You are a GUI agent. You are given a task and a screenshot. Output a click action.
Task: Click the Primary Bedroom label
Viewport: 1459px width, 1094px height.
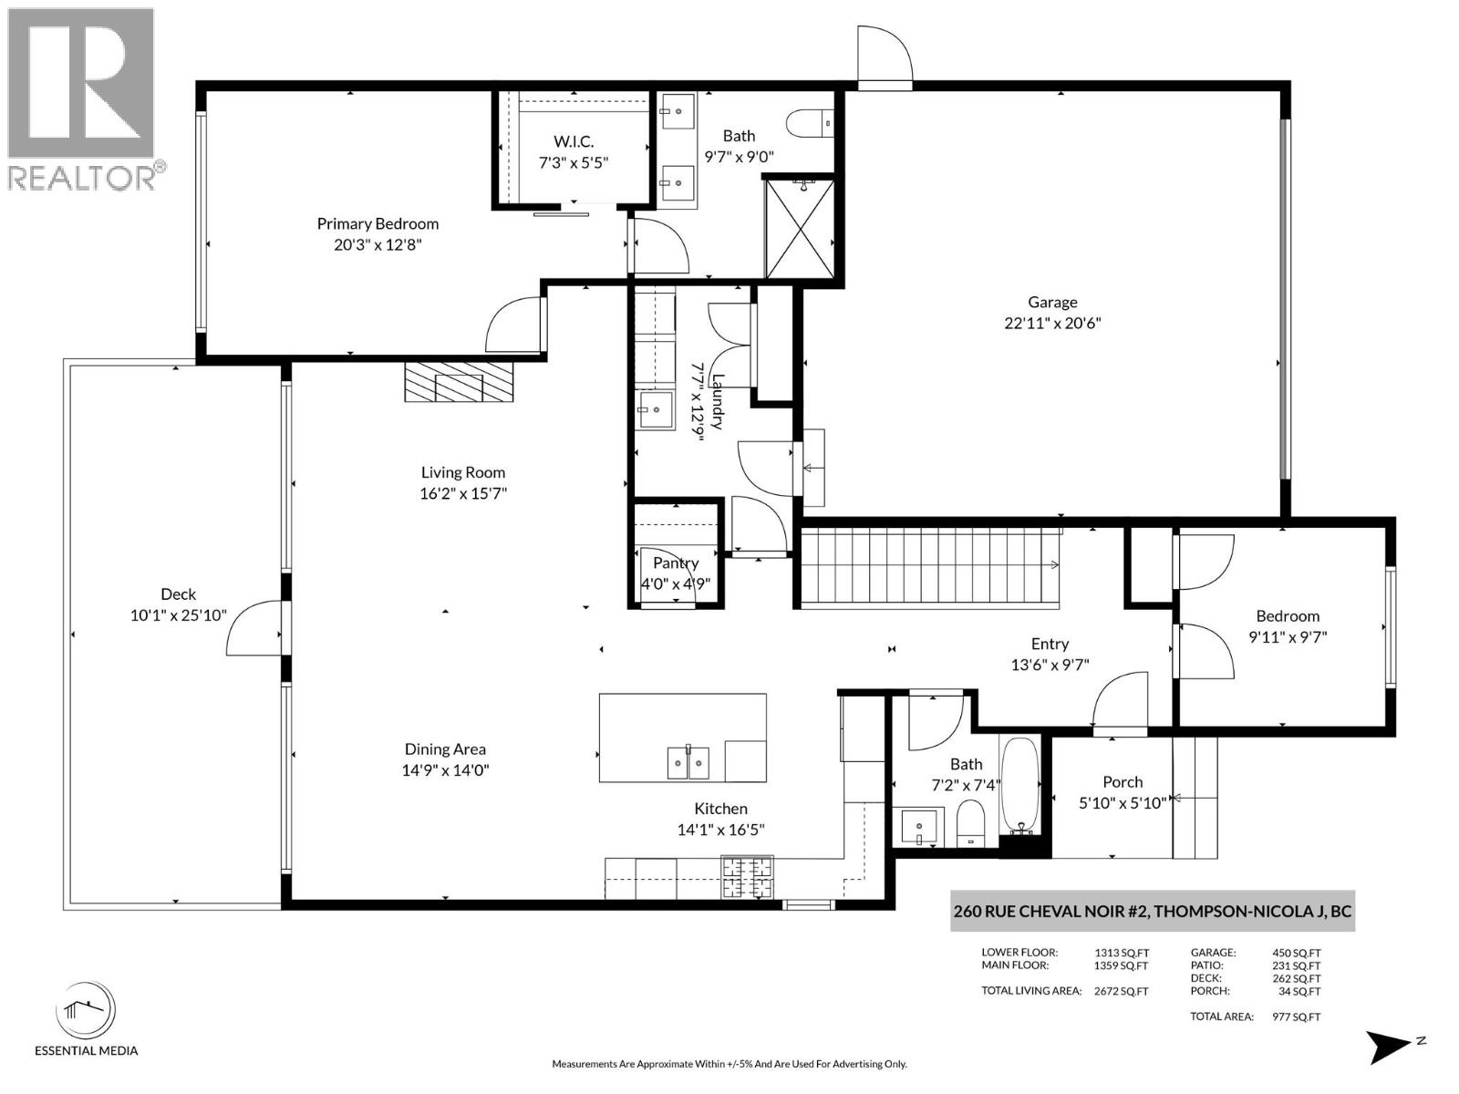tap(378, 223)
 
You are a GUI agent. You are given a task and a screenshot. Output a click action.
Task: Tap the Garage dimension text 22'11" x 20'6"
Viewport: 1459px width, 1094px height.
tap(1052, 323)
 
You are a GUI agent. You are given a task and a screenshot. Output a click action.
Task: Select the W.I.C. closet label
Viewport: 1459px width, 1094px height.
tap(574, 141)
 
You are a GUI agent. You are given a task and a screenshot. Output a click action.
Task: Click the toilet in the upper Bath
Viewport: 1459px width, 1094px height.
tap(809, 122)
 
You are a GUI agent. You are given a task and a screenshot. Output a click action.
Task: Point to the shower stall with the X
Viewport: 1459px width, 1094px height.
tap(800, 228)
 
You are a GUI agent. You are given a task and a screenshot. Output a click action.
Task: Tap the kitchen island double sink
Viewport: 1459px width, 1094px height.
tap(688, 762)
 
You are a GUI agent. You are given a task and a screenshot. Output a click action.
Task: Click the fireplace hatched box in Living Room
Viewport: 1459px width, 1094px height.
tap(460, 382)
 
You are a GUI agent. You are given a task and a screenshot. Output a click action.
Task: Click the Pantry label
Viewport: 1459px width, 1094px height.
tap(676, 563)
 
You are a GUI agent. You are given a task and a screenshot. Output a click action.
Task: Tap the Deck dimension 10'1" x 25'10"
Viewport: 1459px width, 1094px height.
tap(178, 616)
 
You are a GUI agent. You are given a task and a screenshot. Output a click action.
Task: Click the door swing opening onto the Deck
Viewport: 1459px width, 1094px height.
tap(254, 629)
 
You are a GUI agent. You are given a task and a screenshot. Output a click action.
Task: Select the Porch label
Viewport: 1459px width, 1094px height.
tap(1123, 782)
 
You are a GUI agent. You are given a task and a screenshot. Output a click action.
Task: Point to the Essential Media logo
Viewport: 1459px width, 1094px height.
tap(86, 1012)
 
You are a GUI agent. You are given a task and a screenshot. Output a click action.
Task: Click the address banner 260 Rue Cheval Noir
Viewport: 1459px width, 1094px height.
tap(1152, 911)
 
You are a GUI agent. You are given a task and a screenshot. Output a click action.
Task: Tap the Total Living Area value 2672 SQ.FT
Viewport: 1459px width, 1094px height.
tap(1121, 991)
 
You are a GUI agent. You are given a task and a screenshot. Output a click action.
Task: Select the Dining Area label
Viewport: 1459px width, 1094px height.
tap(445, 749)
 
